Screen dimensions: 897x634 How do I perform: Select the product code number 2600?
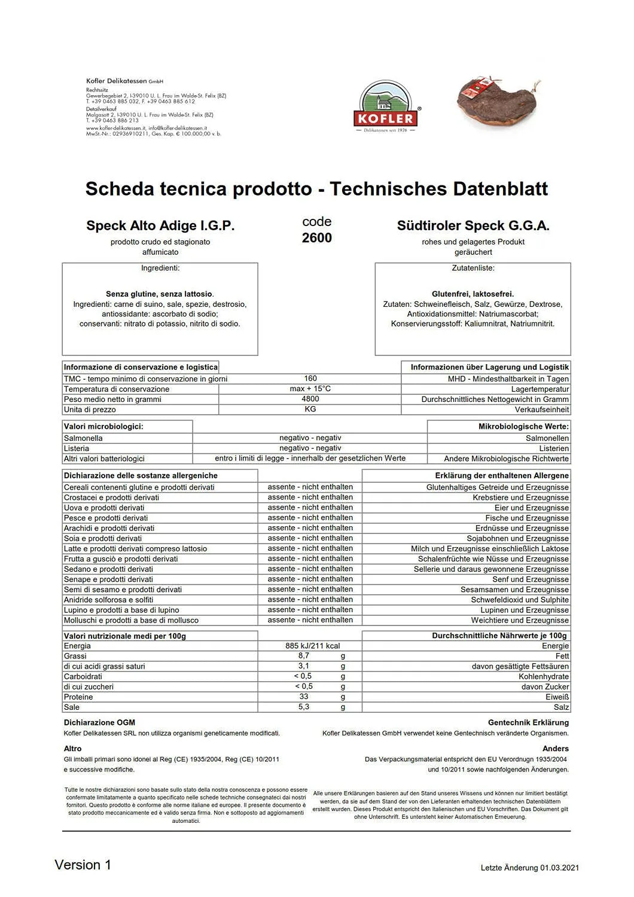point(316,238)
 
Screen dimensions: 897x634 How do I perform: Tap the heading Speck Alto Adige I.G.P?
point(160,225)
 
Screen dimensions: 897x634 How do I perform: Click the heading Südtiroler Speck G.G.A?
point(473,225)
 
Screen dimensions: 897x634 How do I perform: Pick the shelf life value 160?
point(310,379)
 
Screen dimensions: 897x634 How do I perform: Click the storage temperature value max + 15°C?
point(310,389)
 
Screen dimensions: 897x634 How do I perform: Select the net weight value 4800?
point(310,399)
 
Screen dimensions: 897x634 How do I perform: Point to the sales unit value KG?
point(310,409)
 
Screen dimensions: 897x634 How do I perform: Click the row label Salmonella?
point(83,438)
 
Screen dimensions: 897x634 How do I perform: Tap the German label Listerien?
point(554,448)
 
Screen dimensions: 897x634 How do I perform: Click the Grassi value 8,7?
point(304,656)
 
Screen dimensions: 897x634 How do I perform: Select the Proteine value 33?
point(304,697)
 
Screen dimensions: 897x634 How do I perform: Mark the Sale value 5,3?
point(304,707)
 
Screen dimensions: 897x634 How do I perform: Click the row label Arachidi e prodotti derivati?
point(109,528)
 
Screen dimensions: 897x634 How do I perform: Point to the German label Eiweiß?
point(557,697)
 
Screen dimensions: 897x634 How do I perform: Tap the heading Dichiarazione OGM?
point(99,722)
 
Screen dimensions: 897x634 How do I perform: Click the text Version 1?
point(83,865)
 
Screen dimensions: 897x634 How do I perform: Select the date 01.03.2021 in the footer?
point(559,868)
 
